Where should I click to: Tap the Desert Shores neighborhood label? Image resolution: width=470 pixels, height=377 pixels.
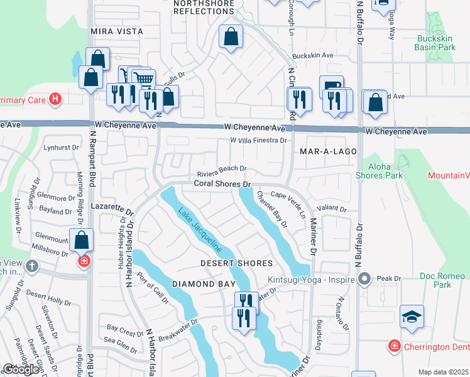pyautogui.click(x=236, y=263)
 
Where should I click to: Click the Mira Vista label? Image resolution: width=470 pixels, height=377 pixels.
pyautogui.click(x=116, y=31)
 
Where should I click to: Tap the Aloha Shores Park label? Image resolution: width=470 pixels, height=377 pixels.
pyautogui.click(x=383, y=171)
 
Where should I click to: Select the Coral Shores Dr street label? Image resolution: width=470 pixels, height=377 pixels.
pyautogui.click(x=222, y=184)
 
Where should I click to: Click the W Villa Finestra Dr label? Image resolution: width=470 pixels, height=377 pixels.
pyautogui.click(x=258, y=141)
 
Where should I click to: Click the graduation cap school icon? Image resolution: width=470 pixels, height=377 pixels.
pyautogui.click(x=412, y=316)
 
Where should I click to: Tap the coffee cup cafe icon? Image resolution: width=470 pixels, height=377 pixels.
pyautogui.click(x=331, y=86)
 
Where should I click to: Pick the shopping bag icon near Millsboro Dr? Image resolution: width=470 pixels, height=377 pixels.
pyautogui.click(x=82, y=239)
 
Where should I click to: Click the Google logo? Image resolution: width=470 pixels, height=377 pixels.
pyautogui.click(x=21, y=369)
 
